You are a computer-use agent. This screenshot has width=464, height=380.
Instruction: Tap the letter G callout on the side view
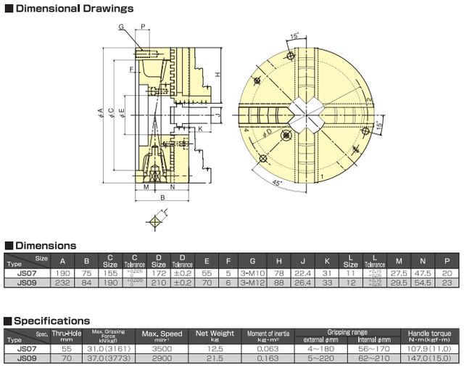122,26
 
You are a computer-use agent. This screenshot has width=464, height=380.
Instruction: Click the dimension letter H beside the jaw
217,75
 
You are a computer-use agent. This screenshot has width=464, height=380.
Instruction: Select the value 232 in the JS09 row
62,281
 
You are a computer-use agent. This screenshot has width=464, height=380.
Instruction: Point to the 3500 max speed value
161,348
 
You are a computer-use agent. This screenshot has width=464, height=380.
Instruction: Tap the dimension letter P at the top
144,26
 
